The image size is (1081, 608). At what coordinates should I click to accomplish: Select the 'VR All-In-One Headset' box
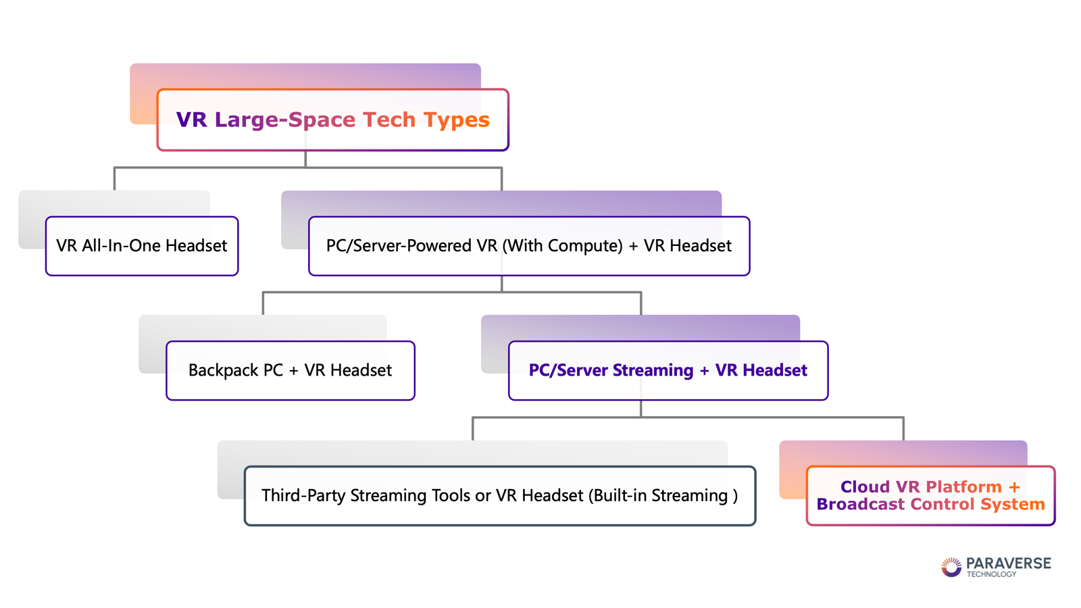[x=142, y=246]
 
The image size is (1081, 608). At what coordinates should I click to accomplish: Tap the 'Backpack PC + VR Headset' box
[x=291, y=371]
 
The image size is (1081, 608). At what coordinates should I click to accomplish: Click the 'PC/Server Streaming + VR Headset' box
[x=668, y=371]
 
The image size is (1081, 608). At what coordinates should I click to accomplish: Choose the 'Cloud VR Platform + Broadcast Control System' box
[x=931, y=496]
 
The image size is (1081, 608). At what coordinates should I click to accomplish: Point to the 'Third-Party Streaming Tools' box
[x=500, y=496]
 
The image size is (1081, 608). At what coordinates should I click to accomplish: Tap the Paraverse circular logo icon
[x=951, y=567]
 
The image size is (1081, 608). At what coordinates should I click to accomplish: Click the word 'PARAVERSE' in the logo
[x=1009, y=563]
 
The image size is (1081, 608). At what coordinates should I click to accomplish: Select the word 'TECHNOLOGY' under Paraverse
[x=991, y=574]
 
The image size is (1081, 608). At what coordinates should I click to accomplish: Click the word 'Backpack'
[x=223, y=370]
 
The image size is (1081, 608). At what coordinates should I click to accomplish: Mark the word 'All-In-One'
[x=121, y=246]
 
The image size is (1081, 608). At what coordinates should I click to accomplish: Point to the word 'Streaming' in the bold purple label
[x=653, y=370]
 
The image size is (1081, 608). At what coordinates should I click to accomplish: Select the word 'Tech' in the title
[x=389, y=120]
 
